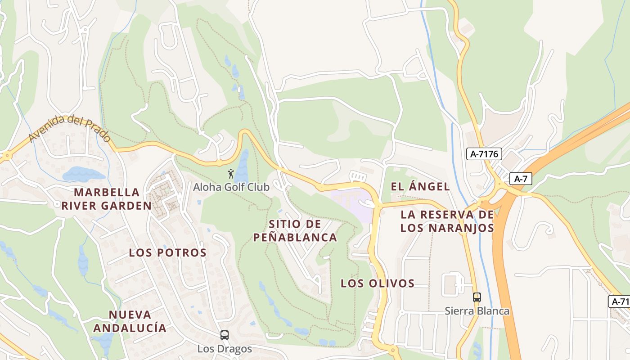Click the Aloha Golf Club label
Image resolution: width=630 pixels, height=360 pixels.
[231, 187]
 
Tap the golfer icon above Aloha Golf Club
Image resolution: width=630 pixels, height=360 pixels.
[231, 173]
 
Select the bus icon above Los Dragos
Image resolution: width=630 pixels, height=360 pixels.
[224, 335]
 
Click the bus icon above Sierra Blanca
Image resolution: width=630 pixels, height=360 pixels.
[477, 297]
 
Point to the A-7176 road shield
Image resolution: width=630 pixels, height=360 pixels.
[484, 154]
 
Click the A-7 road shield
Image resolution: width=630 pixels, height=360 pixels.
[521, 179]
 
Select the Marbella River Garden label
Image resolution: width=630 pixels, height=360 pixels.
[107, 199]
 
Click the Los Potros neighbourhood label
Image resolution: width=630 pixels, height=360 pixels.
[167, 253]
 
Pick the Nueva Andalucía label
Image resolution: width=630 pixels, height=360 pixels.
[130, 321]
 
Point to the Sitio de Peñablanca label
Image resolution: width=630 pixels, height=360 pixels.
[295, 230]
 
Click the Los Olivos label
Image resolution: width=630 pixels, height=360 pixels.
[378, 283]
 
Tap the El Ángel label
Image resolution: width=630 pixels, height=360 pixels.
[420, 187]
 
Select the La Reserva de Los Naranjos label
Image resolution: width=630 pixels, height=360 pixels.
[447, 221]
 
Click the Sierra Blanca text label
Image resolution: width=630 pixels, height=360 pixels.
[477, 311]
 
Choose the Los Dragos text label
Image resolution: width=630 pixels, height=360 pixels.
[225, 349]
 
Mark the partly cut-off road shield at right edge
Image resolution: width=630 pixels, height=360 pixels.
[620, 301]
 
